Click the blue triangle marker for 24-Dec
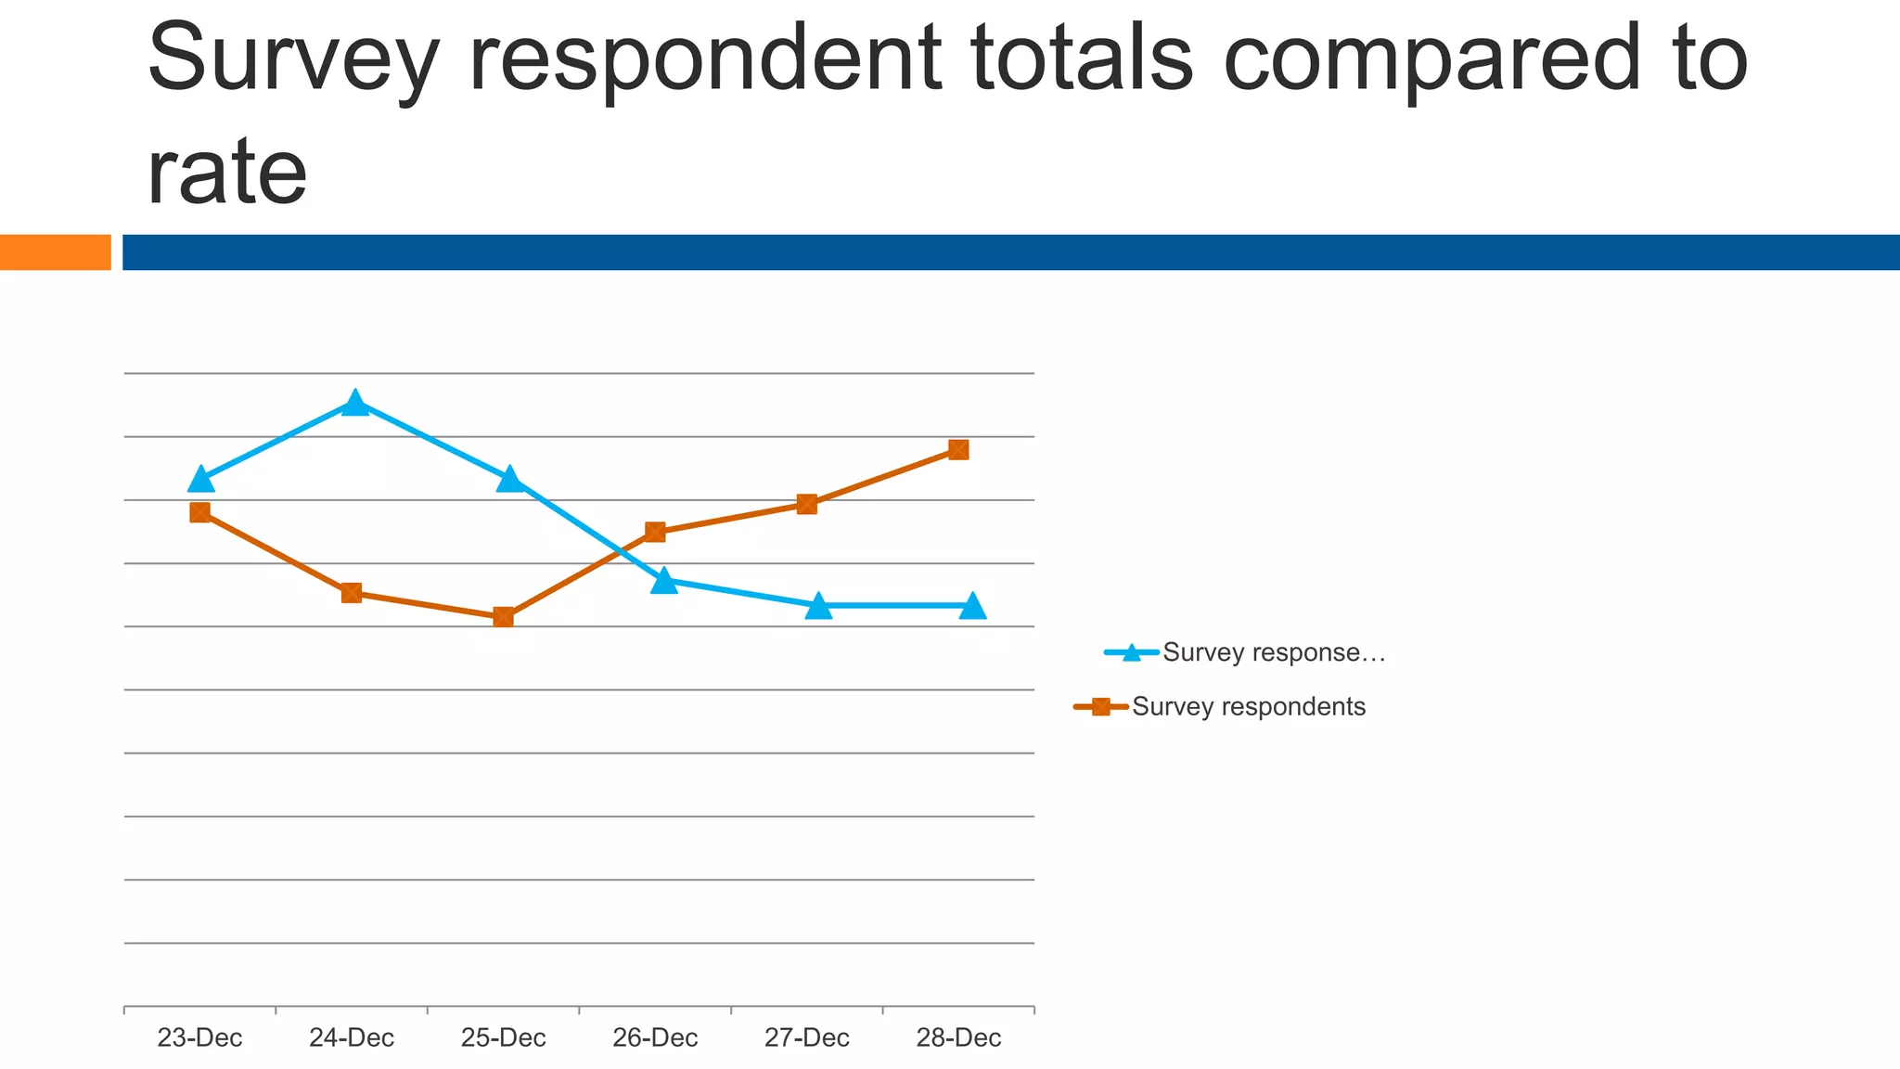[354, 404]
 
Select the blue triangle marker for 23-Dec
[201, 480]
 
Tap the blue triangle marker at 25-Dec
[508, 480]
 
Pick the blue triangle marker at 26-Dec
[663, 582]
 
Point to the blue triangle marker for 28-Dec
[972, 606]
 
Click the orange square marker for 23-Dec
[199, 512]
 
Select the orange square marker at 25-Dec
[503, 617]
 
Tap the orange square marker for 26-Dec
[655, 532]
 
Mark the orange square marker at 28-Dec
[958, 450]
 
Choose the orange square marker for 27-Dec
[807, 504]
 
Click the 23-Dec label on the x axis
[199, 1037]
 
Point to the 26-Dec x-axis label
[655, 1037]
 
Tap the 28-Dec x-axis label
[958, 1037]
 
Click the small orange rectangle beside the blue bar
[55, 252]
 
